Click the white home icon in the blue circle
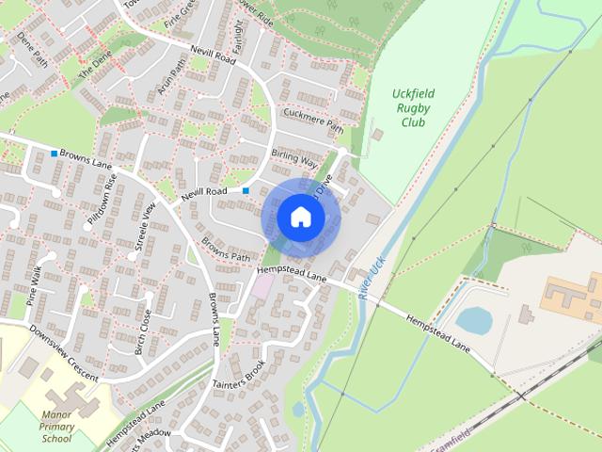[300, 218]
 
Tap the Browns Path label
[227, 248]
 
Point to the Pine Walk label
[37, 285]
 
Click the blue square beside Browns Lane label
[54, 153]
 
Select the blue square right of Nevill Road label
[246, 191]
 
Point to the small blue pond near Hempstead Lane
[474, 321]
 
